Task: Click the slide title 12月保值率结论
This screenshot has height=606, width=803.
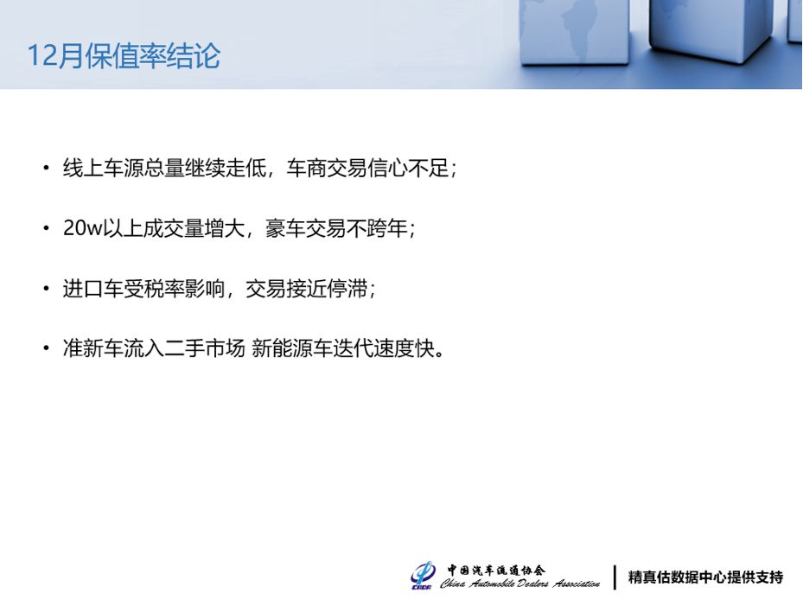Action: [x=124, y=56]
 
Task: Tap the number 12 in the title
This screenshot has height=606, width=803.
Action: [x=41, y=56]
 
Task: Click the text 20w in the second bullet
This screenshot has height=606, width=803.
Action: [x=82, y=228]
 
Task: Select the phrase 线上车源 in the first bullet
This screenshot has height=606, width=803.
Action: [x=103, y=168]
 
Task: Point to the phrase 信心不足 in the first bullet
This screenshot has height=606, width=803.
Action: [x=408, y=168]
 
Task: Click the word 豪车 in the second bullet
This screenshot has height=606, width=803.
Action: [x=285, y=228]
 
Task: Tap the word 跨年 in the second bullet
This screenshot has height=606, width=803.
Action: [x=386, y=228]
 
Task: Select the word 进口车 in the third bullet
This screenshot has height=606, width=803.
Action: [x=92, y=289]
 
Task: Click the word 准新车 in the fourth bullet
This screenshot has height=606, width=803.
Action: [x=92, y=349]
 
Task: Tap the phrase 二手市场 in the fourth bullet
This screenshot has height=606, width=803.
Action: [x=204, y=349]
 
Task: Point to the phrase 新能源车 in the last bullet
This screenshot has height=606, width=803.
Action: [x=292, y=349]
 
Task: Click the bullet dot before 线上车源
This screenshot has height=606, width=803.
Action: [x=47, y=168]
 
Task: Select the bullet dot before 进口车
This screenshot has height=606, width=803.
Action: [x=47, y=289]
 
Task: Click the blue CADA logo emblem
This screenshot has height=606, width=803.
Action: [x=423, y=576]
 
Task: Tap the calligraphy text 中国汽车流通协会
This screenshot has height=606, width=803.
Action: [x=496, y=571]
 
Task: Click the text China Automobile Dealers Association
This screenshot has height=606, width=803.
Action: [x=519, y=584]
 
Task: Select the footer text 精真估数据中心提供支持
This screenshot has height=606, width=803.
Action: [x=705, y=577]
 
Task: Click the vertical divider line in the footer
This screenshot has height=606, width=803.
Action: [x=615, y=577]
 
